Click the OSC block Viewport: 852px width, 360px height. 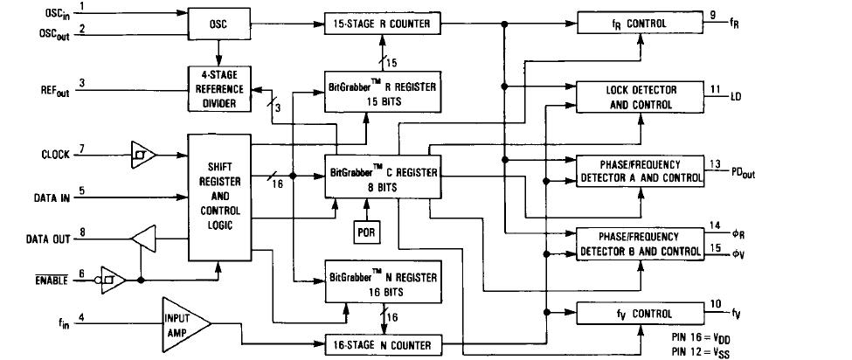pos(219,24)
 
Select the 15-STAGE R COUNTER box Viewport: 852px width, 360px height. pos(384,24)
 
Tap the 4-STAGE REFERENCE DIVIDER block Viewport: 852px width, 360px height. pos(219,89)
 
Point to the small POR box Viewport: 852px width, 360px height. pos(366,232)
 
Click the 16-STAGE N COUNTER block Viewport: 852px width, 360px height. pos(384,345)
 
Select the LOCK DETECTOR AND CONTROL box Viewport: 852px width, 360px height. pos(639,97)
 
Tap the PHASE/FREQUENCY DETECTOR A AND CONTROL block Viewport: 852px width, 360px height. pos(639,171)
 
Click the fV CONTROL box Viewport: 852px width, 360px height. pos(639,314)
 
